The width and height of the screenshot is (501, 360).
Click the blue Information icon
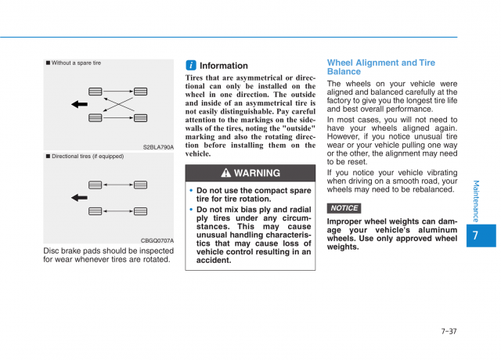(x=190, y=66)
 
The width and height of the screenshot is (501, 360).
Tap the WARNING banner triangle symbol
(x=225, y=174)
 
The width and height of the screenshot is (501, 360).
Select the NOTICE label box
(x=344, y=208)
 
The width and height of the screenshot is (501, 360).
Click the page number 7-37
(x=449, y=331)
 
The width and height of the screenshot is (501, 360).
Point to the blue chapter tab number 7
(x=478, y=235)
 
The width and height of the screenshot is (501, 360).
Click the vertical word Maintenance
(x=477, y=201)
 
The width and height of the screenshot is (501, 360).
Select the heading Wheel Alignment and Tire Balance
(x=381, y=67)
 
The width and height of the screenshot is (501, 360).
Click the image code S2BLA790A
(x=158, y=146)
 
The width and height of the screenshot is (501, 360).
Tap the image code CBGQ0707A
(x=157, y=240)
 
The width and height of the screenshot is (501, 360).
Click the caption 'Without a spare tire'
(x=76, y=63)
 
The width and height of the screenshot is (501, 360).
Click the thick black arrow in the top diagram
(x=79, y=104)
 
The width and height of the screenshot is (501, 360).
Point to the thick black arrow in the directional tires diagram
(x=79, y=198)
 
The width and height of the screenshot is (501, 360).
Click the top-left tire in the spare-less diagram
(x=96, y=92)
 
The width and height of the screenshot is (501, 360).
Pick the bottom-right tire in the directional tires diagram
(x=141, y=211)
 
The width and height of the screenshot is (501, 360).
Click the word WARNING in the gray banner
(x=257, y=174)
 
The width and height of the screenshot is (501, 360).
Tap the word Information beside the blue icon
(x=224, y=66)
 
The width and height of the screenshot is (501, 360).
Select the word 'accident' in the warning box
(x=212, y=261)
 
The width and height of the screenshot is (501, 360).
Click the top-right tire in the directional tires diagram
(x=141, y=185)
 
